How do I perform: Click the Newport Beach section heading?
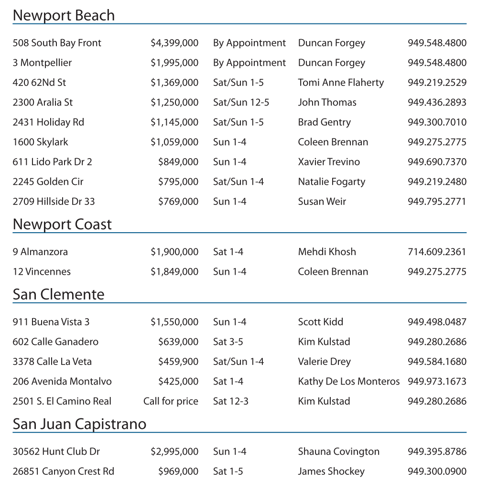64,15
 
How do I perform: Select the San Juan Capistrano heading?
79,424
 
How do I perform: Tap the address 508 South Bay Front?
57,43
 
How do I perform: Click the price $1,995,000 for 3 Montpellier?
174,63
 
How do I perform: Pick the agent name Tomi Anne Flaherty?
341,83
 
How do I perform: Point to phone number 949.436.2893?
437,103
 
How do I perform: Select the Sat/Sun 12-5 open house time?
241,103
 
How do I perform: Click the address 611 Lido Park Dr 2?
52,162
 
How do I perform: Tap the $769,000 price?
178,202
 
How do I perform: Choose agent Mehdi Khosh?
327,252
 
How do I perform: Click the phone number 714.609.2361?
437,252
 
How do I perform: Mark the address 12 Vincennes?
42,272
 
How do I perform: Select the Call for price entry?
171,401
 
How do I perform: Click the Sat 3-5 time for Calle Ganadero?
228,342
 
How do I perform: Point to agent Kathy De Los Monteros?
349,382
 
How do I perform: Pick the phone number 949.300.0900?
437,471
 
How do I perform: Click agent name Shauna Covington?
338,452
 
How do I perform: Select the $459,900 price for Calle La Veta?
178,362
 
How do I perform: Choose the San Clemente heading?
58,294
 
